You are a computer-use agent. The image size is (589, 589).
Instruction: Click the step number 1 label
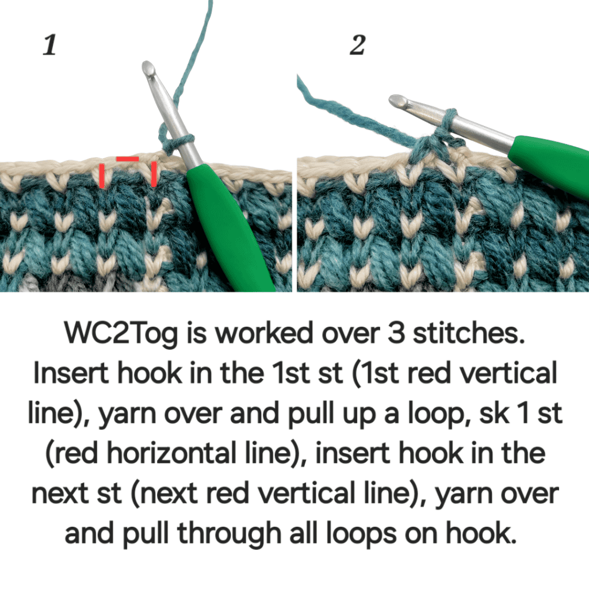tap(50, 45)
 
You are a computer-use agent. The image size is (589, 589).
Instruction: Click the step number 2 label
tap(357, 45)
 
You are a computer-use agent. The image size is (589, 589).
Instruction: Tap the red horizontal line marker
tap(127, 159)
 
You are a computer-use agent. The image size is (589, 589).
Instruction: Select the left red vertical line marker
tap(102, 175)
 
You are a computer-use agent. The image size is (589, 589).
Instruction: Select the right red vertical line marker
tap(154, 174)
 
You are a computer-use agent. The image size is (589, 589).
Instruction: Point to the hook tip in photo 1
tap(148, 67)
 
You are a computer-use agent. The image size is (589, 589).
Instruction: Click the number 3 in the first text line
tap(396, 333)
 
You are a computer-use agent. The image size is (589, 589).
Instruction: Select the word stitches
tap(469, 333)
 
